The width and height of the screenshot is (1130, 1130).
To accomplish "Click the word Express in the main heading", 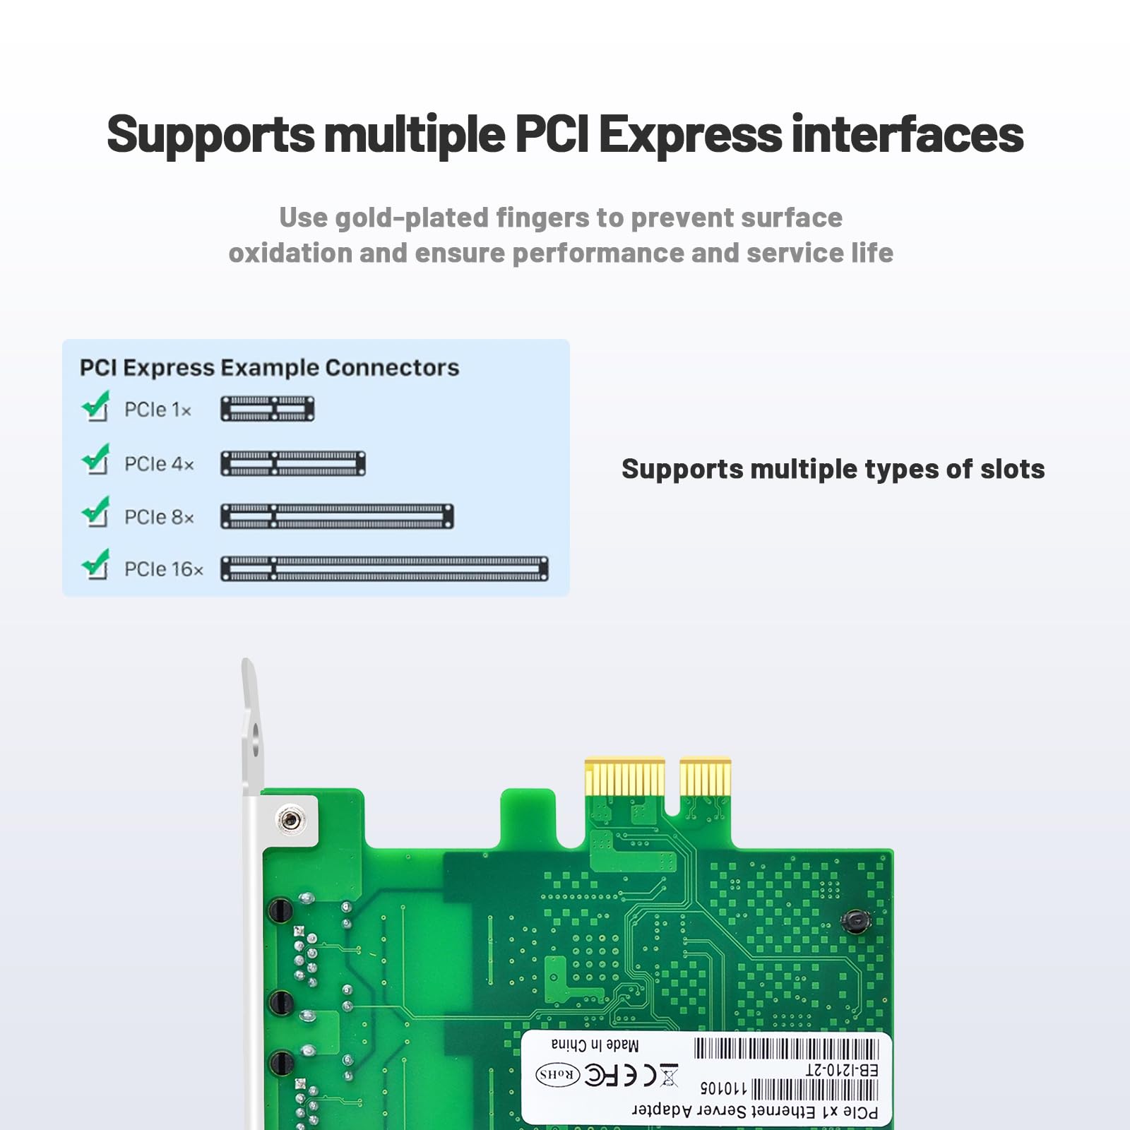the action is tap(690, 134).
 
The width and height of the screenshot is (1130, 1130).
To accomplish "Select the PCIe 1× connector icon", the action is tap(268, 409).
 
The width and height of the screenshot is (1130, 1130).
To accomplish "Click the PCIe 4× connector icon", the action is tap(293, 463).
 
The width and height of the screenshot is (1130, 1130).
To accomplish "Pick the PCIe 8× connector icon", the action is tap(337, 516).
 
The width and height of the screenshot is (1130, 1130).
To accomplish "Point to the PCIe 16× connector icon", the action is tap(384, 569).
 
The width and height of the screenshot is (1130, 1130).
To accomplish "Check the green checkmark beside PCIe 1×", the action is tap(96, 406).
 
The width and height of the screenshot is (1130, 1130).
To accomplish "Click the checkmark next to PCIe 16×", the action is tap(96, 565).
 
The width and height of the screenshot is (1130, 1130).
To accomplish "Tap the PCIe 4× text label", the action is tap(159, 464).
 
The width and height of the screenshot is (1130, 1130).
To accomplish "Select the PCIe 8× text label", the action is tap(159, 517).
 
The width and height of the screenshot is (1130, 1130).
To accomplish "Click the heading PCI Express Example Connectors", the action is tap(269, 368).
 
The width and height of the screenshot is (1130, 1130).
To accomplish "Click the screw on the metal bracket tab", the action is tap(290, 820).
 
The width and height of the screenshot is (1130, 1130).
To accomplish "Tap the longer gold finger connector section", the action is tap(625, 778).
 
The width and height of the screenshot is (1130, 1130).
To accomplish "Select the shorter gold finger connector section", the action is tap(706, 778).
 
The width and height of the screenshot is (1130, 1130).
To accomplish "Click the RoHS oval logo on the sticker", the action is tap(558, 1074).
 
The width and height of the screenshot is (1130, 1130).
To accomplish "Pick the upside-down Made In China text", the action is tap(595, 1045).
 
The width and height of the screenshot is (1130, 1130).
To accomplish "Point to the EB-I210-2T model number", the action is tap(842, 1071).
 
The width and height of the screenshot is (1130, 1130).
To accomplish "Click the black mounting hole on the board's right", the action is tap(856, 920).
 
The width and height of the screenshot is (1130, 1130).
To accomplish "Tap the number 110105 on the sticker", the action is tap(723, 1088).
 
